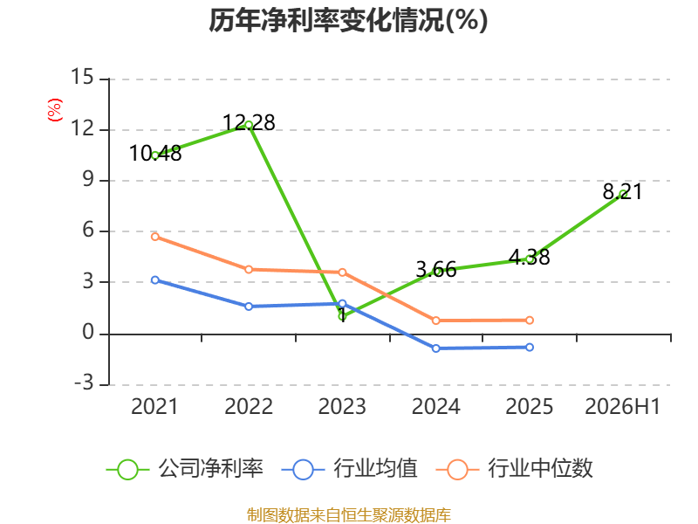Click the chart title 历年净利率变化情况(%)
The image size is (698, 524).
pyautogui.click(x=348, y=20)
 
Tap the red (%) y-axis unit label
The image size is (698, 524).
pyautogui.click(x=55, y=110)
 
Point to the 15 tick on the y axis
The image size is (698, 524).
pyautogui.click(x=82, y=77)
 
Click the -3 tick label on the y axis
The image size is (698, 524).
pyautogui.click(x=84, y=383)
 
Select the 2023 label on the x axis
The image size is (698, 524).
pyautogui.click(x=342, y=406)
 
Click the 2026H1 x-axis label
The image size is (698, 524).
pyautogui.click(x=622, y=406)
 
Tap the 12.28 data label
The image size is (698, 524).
pyautogui.click(x=249, y=122)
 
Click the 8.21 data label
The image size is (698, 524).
pyautogui.click(x=622, y=191)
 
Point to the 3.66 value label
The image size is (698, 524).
pyautogui.click(x=435, y=270)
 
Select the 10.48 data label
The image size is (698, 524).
pyautogui.click(x=155, y=154)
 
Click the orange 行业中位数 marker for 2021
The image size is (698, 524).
pyautogui.click(x=155, y=237)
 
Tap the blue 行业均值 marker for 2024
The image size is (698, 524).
pyautogui.click(x=435, y=348)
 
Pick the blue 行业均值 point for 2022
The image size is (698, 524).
pyautogui.click(x=249, y=307)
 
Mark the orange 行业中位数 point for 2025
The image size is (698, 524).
pyautogui.click(x=530, y=321)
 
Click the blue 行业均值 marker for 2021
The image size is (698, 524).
pyautogui.click(x=155, y=279)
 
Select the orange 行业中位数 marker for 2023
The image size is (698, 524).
pyautogui.click(x=342, y=272)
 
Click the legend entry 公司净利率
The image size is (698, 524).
pyautogui.click(x=185, y=469)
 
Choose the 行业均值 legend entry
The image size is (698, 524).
pyautogui.click(x=350, y=469)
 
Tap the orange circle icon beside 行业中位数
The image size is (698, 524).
pyautogui.click(x=457, y=470)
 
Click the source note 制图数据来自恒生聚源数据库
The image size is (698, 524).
pyautogui.click(x=348, y=514)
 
